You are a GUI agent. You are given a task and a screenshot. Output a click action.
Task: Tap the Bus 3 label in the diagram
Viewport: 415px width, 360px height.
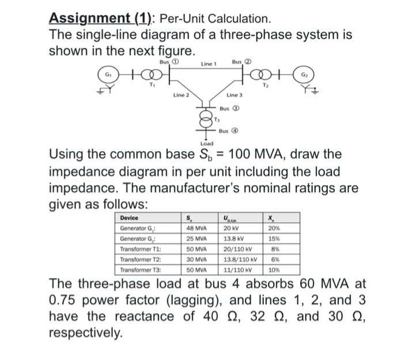(x=230, y=108)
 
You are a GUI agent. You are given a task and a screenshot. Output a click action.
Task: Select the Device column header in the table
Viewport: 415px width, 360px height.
(x=130, y=217)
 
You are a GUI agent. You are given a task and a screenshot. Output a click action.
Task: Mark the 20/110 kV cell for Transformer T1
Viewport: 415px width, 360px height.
(x=237, y=249)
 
